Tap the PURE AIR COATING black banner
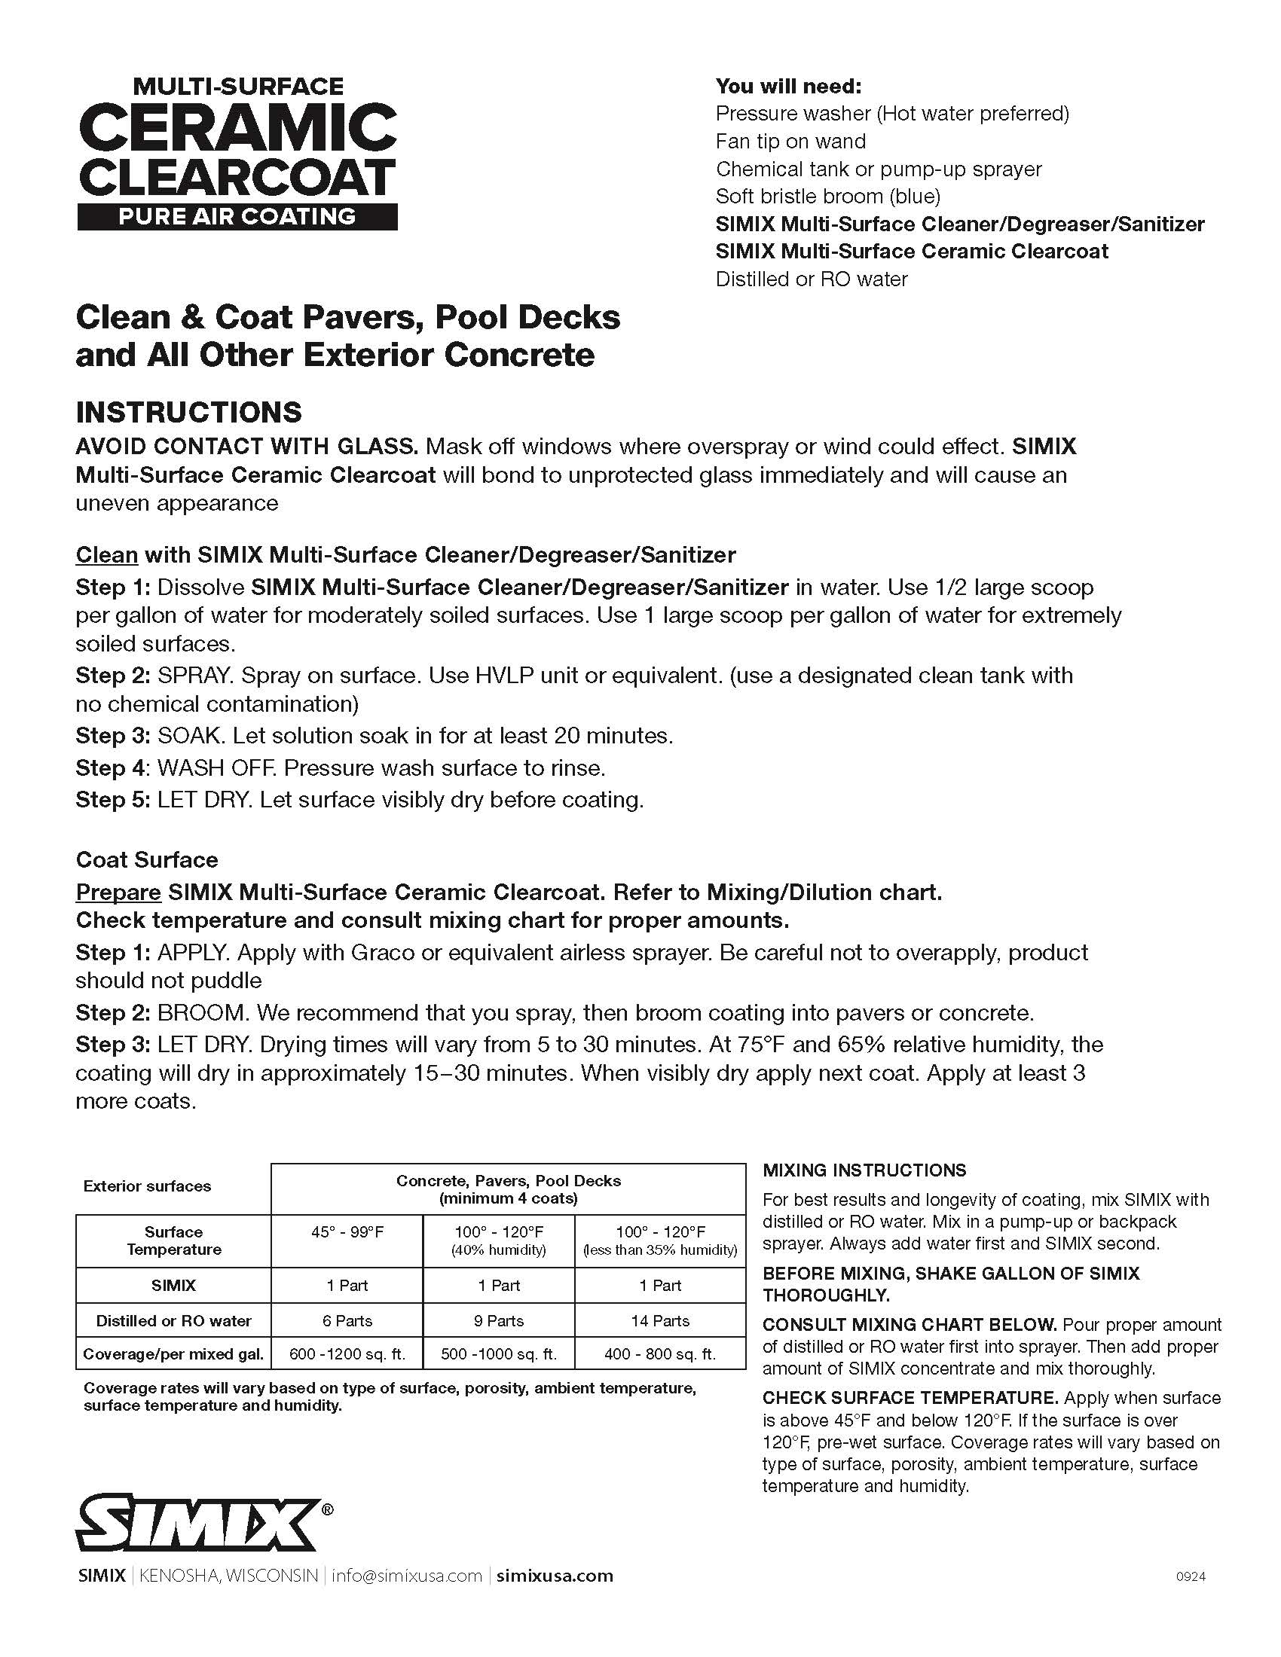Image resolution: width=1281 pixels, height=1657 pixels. tap(237, 216)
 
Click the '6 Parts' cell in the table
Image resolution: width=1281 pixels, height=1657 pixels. tap(347, 1321)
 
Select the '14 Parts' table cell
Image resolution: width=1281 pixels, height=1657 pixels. tap(659, 1321)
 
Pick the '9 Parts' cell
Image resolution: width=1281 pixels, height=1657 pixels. tap(499, 1321)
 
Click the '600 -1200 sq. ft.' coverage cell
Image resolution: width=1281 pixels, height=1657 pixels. tap(347, 1354)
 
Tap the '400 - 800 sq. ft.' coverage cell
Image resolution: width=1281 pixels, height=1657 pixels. tap(659, 1354)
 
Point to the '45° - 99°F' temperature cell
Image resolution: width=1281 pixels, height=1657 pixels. tap(347, 1232)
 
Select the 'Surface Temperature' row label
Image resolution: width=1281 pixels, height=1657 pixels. tap(173, 1240)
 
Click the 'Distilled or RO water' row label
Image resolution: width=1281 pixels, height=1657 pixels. tap(173, 1321)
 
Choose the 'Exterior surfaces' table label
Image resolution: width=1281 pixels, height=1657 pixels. tap(147, 1186)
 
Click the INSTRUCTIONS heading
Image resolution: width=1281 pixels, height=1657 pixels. tap(189, 413)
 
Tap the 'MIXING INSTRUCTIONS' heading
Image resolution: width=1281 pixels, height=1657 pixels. tap(864, 1170)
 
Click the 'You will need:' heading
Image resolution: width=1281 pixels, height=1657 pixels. tap(788, 86)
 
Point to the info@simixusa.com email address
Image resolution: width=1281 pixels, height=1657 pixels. tap(407, 1576)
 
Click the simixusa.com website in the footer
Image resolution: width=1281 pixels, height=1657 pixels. tap(554, 1576)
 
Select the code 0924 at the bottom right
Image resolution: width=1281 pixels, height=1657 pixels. tap(1190, 1576)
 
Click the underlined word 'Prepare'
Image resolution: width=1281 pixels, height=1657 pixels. tap(118, 893)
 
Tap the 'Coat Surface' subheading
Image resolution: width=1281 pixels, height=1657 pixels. tap(146, 859)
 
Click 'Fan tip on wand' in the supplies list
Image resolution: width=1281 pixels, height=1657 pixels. tap(790, 141)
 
